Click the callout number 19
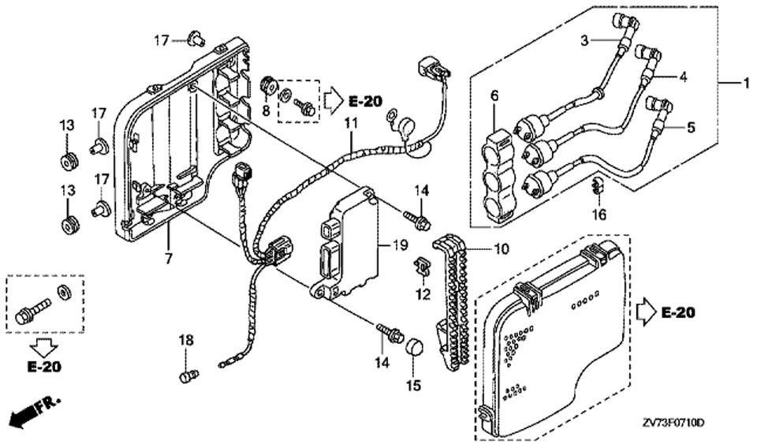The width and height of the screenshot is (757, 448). tap(401, 245)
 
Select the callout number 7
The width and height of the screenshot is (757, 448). tap(169, 259)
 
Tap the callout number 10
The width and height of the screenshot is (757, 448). tap(502, 249)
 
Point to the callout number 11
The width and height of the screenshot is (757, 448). tap(351, 122)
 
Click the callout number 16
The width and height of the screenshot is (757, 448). tap(599, 214)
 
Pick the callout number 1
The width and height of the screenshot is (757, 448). tap(746, 83)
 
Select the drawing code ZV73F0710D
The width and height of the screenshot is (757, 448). tap(673, 424)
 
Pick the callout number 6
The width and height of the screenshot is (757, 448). tap(494, 96)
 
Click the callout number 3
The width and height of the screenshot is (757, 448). tap(584, 40)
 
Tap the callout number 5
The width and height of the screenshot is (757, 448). tap(691, 128)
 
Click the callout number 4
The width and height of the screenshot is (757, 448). tap(683, 77)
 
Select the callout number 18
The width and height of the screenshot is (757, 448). tap(186, 341)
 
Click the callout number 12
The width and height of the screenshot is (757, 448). tap(423, 293)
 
